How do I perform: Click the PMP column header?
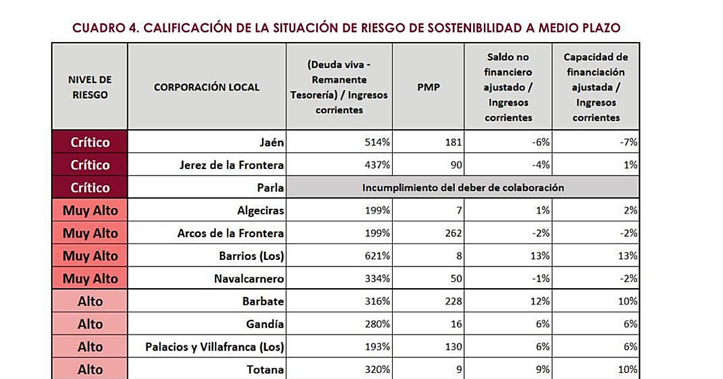(x=428, y=87)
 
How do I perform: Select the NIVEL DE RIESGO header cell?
(x=90, y=87)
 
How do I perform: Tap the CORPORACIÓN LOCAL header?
(x=207, y=87)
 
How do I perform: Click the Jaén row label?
(x=272, y=142)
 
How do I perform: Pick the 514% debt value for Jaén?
(x=377, y=142)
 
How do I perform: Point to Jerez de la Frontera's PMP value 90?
(x=456, y=165)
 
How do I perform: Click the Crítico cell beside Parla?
(x=90, y=188)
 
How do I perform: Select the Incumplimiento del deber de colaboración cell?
(x=463, y=188)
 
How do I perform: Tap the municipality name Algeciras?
(x=260, y=211)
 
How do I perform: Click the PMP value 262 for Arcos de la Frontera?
(x=454, y=233)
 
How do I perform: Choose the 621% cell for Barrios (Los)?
(x=377, y=256)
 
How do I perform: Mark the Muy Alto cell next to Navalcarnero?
(x=90, y=279)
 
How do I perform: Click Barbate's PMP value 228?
(x=454, y=301)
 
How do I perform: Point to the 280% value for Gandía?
(x=377, y=324)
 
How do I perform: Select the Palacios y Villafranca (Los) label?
(x=214, y=347)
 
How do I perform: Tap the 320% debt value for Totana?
(x=377, y=369)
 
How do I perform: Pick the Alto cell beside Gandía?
(x=90, y=324)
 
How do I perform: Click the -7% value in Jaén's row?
(x=628, y=142)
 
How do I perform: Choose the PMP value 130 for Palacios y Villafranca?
(x=454, y=347)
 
